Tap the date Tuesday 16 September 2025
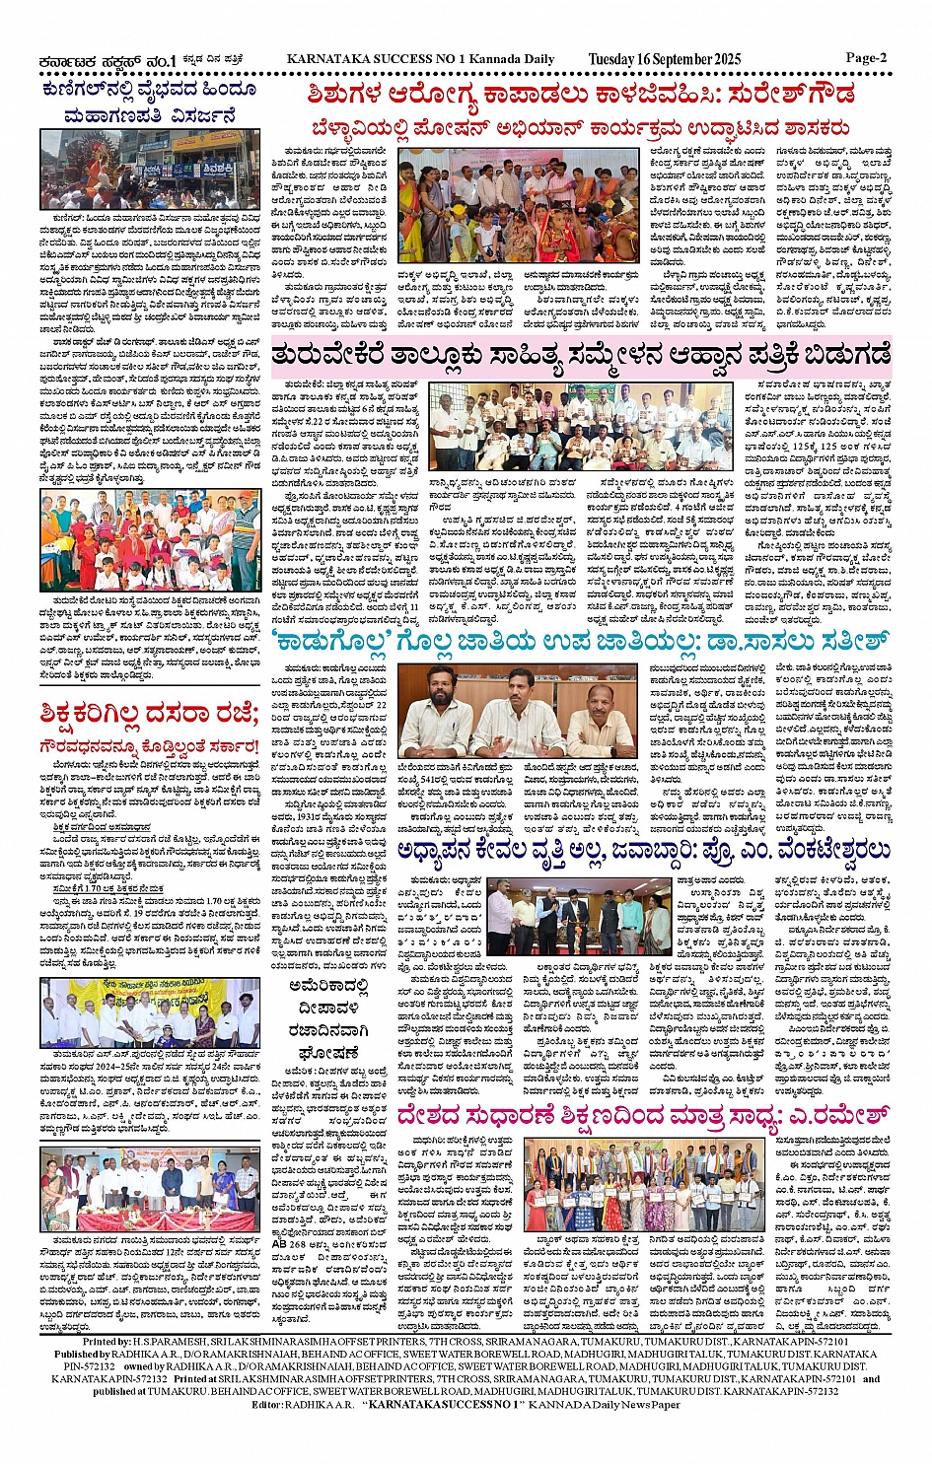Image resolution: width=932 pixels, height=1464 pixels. coord(664,59)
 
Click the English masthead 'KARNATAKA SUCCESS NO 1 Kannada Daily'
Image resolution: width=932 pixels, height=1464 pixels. coord(420,59)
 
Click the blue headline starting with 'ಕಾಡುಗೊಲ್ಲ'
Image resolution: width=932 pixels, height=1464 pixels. coord(583,641)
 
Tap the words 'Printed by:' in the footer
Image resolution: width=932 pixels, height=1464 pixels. coord(108,1342)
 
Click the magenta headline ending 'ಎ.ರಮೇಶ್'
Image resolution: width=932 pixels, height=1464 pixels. coord(643,1115)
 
